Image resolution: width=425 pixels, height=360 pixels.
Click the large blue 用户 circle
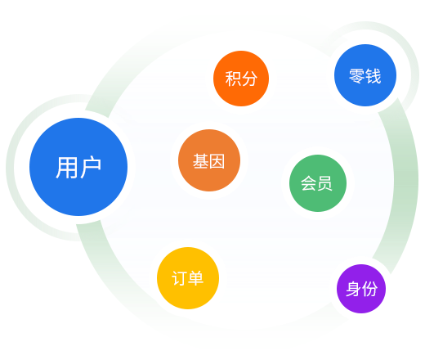tap(78, 167)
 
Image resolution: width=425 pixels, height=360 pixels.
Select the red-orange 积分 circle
tap(241, 79)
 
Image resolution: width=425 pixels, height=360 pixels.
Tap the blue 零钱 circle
tap(365, 75)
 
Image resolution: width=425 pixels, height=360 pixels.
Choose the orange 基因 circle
tap(209, 160)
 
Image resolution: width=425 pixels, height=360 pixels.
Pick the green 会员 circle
tap(318, 183)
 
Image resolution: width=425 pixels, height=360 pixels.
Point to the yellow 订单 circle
tap(188, 278)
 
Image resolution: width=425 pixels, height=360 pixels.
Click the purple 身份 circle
tap(361, 289)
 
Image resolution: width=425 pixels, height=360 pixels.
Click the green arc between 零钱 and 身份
tap(406, 186)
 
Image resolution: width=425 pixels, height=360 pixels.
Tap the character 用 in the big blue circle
tap(67, 168)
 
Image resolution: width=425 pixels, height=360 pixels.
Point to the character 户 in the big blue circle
tap(91, 167)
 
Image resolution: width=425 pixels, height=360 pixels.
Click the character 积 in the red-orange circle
tap(233, 79)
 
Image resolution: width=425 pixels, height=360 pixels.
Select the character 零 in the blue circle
tap(357, 75)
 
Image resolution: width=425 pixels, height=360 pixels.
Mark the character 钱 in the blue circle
tap(374, 75)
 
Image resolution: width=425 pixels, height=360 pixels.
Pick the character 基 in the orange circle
tap(201, 161)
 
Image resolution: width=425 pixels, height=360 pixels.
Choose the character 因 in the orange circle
tap(217, 161)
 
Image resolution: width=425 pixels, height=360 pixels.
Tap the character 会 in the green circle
tap(308, 183)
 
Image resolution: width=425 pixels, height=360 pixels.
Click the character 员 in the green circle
tap(324, 183)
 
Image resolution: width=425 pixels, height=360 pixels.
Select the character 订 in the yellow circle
tap(180, 278)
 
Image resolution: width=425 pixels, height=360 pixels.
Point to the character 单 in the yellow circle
tap(195, 278)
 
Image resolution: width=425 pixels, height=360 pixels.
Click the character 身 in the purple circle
tap(353, 289)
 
